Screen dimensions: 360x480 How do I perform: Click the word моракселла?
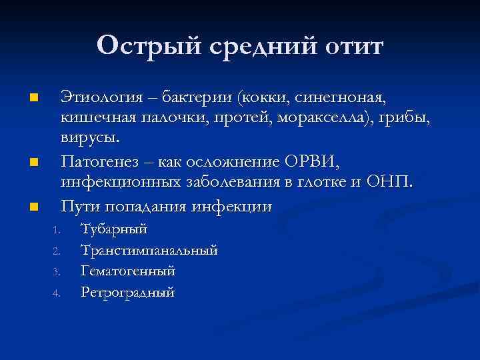[330, 119]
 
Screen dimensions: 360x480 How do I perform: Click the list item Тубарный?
[114, 230]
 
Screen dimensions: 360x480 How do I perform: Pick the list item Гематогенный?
[127, 271]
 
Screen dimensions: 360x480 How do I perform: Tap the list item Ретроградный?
[127, 292]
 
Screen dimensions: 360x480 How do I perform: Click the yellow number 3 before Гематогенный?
[57, 272]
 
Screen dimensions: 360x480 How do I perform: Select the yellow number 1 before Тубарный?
[57, 231]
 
